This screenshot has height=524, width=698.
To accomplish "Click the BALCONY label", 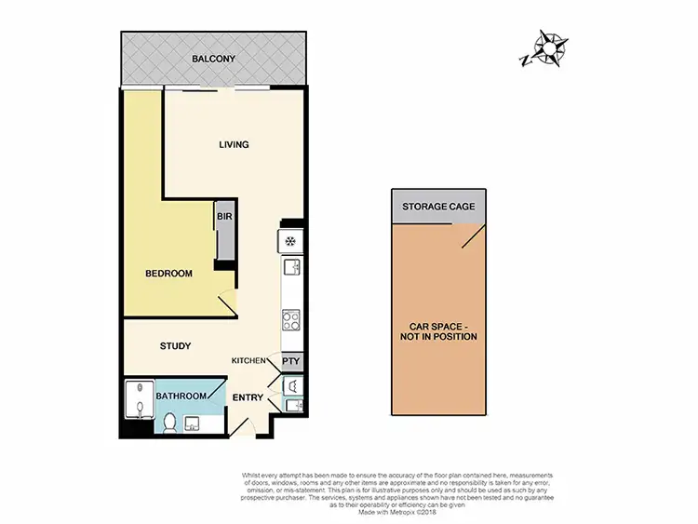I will pos(213,60).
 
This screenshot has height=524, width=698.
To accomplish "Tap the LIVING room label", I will pos(234,144).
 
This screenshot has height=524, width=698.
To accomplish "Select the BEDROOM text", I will pos(168,274).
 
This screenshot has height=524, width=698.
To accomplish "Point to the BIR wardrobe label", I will pos(224,216).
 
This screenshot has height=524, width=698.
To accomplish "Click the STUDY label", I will pos(175,346).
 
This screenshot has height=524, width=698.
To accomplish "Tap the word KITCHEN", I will pos(250,359).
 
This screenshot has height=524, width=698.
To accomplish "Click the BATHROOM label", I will pos(181,396).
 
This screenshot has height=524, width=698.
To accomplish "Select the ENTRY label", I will pos(247,397).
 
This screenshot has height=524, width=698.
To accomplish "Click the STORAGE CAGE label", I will pos(438,207).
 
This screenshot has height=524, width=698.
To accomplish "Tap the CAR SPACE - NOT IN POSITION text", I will pos(438,331).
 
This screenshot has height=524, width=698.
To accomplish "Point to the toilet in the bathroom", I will pos(169,424).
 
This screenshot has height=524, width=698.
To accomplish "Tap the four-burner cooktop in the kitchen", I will pos(289,321).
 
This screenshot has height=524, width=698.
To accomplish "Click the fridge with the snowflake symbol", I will pos(289,241).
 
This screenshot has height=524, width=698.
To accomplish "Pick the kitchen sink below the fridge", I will pos(289,269).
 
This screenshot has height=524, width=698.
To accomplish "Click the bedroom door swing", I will pos(225,303).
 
